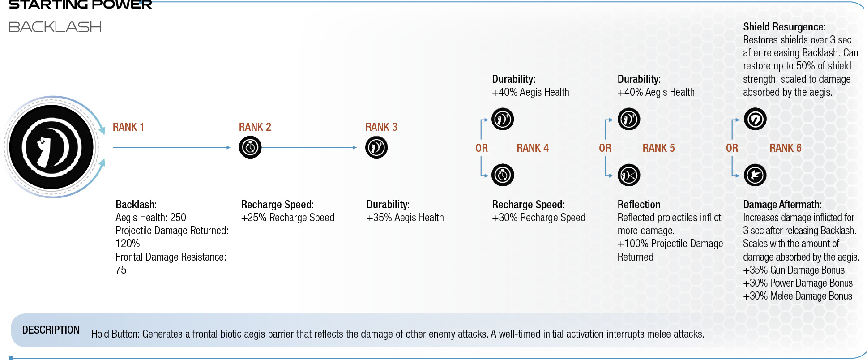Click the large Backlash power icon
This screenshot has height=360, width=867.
tap(51, 147)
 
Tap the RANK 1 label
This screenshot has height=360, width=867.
tap(128, 127)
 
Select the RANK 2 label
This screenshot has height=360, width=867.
tap(255, 127)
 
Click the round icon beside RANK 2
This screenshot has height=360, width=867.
tap(250, 147)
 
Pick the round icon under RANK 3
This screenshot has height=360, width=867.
tap(376, 147)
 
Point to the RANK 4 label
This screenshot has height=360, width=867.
tap(533, 148)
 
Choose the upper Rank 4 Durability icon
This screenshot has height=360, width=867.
tap(503, 119)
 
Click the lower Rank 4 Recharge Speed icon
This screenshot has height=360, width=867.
tap(503, 175)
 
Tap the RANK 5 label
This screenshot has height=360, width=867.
tap(658, 148)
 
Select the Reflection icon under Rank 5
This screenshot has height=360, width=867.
tap(629, 175)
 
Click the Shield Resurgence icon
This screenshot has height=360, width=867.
tap(755, 119)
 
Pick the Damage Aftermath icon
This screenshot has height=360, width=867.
tap(755, 175)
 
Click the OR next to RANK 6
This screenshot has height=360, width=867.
tap(732, 148)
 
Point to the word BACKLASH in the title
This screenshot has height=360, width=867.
tap(55, 27)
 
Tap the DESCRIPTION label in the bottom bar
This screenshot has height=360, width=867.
tap(51, 330)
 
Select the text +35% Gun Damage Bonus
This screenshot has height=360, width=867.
tap(794, 270)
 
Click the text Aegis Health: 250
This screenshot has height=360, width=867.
tap(151, 218)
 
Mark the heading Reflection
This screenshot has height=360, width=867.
tap(640, 205)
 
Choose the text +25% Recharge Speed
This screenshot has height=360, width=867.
tap(288, 218)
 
